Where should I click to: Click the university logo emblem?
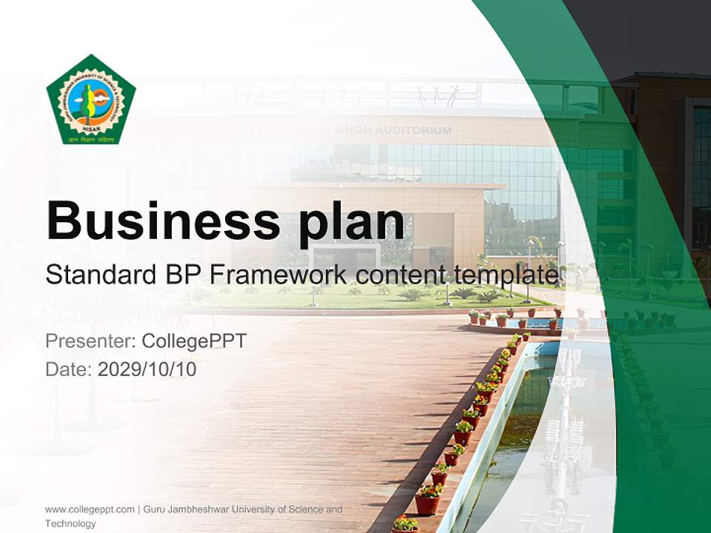point(90,98)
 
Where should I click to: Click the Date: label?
point(69,369)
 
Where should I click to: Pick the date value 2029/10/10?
point(147,369)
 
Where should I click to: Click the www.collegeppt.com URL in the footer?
point(90,509)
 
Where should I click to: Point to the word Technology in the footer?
point(70,523)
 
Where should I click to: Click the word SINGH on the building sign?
point(358,130)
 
